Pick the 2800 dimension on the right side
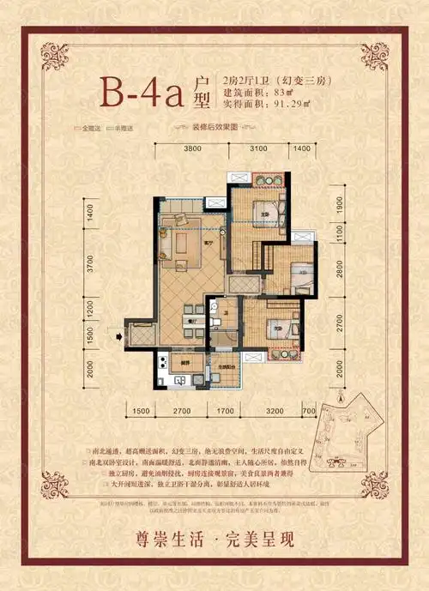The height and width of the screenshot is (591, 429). click(x=339, y=274)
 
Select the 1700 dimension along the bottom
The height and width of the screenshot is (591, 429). click(x=224, y=412)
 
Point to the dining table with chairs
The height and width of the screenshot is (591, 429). click(x=195, y=322)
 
